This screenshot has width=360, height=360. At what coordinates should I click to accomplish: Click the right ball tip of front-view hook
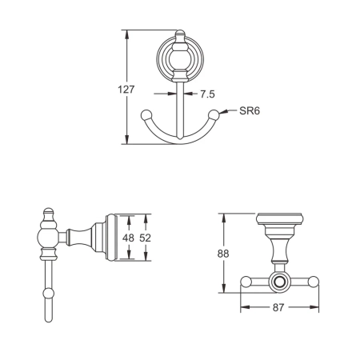(x=214, y=115)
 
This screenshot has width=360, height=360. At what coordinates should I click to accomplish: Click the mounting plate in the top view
(x=279, y=218)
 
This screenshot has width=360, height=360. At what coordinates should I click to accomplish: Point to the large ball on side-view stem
(x=46, y=237)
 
